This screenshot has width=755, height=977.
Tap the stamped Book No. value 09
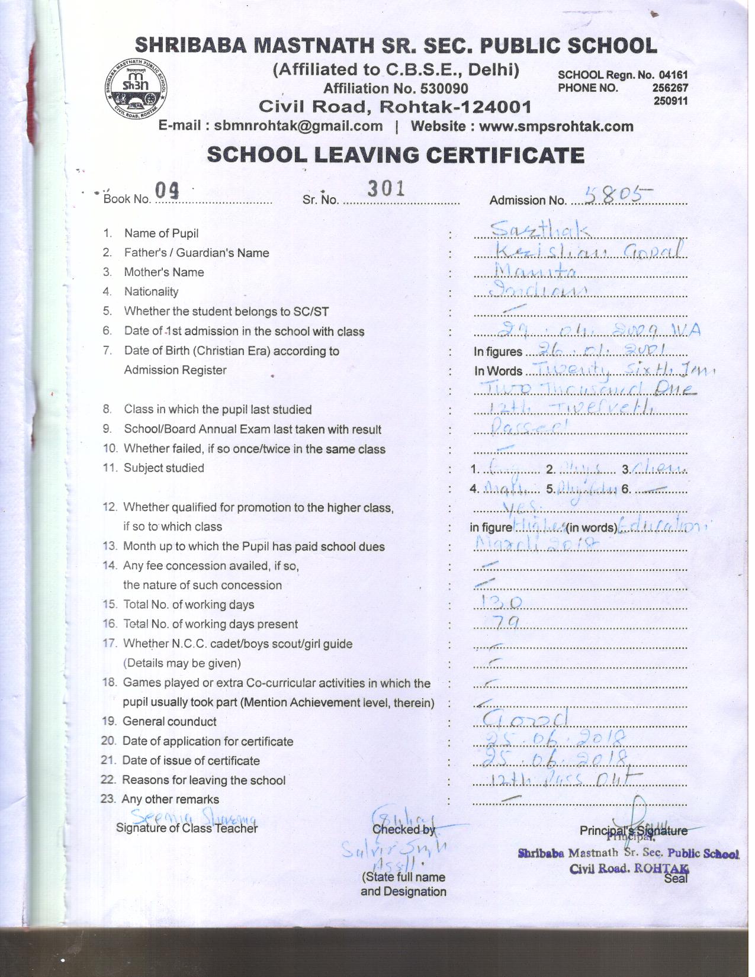tap(167, 190)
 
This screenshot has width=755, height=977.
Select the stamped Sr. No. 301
tap(386, 189)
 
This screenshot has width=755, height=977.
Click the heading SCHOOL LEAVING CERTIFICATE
tap(396, 155)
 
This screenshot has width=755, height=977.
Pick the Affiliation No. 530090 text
tap(396, 89)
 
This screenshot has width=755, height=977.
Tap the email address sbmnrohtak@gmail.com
tap(298, 126)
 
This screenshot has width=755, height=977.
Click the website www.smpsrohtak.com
tap(556, 126)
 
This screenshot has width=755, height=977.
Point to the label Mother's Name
tap(164, 272)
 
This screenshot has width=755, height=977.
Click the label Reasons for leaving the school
tap(204, 780)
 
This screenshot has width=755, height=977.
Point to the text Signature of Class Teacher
tap(187, 828)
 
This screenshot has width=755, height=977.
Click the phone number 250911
tap(670, 101)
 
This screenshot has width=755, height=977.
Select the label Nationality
tap(151, 292)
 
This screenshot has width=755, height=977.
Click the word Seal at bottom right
tap(676, 878)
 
